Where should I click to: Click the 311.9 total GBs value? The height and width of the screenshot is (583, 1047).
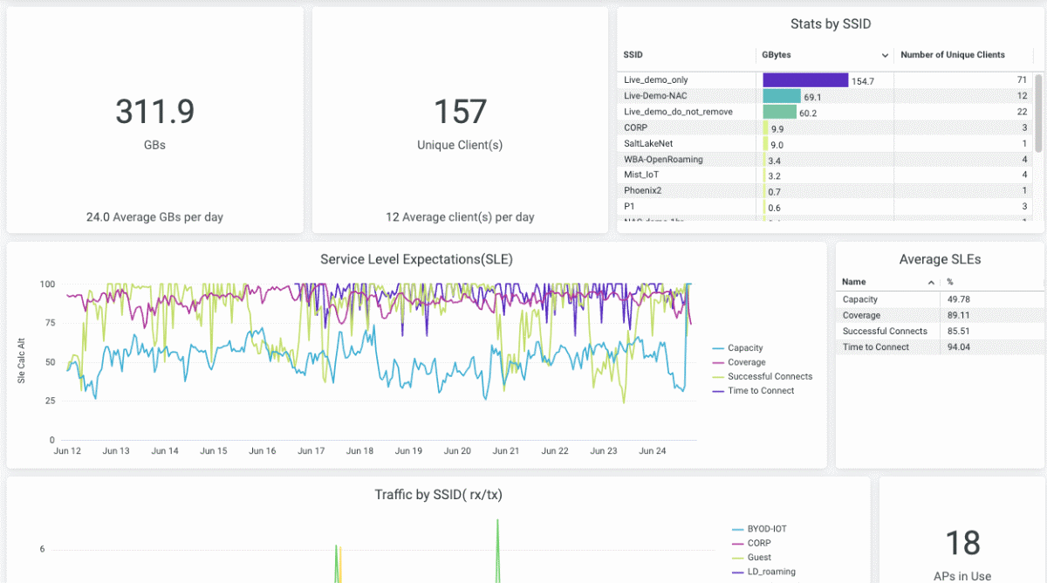[x=154, y=112]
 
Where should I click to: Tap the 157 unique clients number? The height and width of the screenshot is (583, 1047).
[x=460, y=112]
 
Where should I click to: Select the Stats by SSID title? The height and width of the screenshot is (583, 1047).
[x=831, y=24]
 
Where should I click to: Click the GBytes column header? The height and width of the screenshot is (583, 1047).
[x=777, y=55]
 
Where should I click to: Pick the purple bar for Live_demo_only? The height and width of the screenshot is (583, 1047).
[x=805, y=80]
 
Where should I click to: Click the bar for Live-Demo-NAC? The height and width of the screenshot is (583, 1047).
[x=782, y=96]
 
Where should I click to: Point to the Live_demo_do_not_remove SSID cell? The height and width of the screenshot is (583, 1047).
[x=678, y=112]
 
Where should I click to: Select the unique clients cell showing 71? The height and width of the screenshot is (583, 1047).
[x=1022, y=80]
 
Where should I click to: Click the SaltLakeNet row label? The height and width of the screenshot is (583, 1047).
[x=648, y=144]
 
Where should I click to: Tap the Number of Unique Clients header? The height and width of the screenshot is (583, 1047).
[x=953, y=55]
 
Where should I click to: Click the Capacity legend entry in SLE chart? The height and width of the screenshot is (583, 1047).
[x=745, y=348]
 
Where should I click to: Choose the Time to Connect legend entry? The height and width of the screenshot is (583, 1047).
[x=761, y=391]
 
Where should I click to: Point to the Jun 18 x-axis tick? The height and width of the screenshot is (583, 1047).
[x=359, y=451]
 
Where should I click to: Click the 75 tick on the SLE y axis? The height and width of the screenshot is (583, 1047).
[x=50, y=323]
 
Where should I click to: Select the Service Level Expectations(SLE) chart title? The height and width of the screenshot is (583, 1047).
[x=416, y=259]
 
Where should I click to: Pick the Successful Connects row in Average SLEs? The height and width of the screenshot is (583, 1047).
[x=885, y=332]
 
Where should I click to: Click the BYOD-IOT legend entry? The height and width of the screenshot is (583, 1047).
[x=766, y=529]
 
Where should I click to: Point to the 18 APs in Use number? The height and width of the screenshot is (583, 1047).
[x=963, y=543]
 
